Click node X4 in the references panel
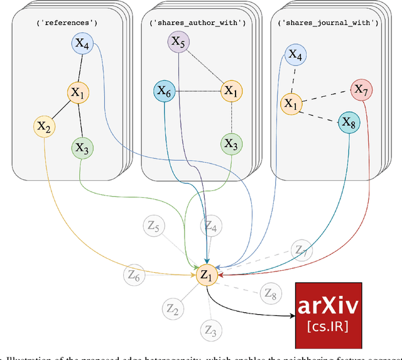pyautogui.click(x=83, y=44)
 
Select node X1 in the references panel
pyautogui.click(x=78, y=93)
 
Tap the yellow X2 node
pyautogui.click(x=43, y=126)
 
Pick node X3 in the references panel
pyautogui.click(x=82, y=148)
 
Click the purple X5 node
pyautogui.click(x=178, y=43)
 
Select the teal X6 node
pyautogui.click(x=164, y=92)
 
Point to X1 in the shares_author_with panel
pyautogui.click(x=231, y=92)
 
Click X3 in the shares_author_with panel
pyautogui.click(x=231, y=144)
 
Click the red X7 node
pyautogui.click(x=361, y=90)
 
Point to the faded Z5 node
pyautogui.click(x=153, y=227)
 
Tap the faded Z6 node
pyautogui.click(x=134, y=274)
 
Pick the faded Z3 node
pyautogui.click(x=210, y=330)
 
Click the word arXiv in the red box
pyautogui.click(x=329, y=306)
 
